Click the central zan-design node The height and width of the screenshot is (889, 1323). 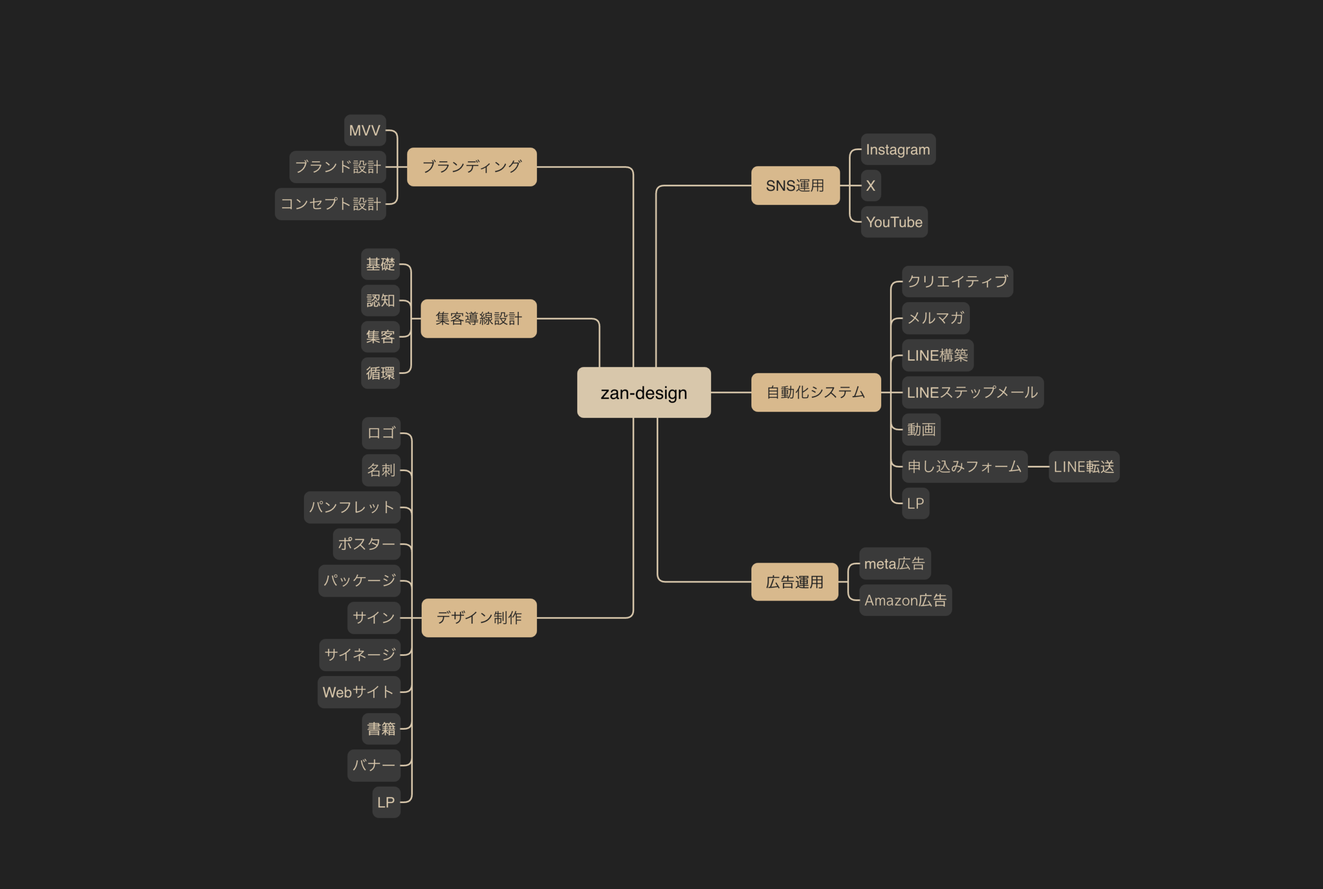point(643,393)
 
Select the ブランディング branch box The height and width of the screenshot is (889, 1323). point(472,167)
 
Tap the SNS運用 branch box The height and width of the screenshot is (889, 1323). point(795,185)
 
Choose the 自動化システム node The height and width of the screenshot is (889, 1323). point(816,393)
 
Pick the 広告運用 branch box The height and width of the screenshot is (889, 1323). point(795,582)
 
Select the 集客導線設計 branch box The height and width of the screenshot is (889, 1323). point(479,319)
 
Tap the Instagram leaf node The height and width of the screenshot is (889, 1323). point(898,149)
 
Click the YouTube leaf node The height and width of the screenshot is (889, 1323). point(894,222)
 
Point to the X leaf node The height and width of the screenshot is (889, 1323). point(871,185)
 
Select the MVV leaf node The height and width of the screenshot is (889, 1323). point(365,130)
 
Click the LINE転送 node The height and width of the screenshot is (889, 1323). point(1084,466)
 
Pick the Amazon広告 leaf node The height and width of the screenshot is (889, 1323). point(905,600)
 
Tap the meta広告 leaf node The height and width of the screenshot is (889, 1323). point(895,563)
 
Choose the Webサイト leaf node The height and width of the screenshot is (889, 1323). point(359,691)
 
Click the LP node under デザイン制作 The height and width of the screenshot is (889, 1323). point(387,802)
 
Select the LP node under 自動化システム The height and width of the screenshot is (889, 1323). point(916,503)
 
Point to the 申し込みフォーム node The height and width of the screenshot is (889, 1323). point(964,466)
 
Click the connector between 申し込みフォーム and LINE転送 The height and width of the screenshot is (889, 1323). point(1038,466)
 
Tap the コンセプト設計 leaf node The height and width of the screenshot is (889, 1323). point(330,204)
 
